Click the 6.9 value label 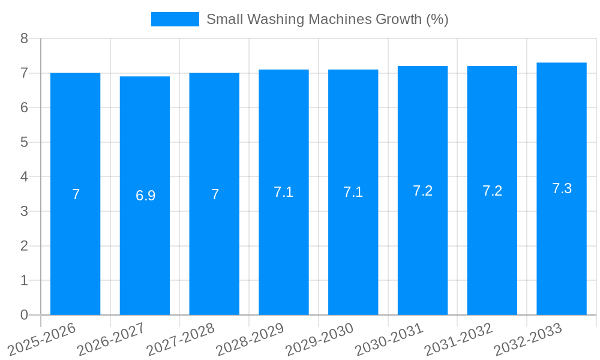coord(145,196)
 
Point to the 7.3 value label coord(562,188)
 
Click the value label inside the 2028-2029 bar coord(283,192)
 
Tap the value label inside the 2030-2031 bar coord(422,191)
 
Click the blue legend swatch coord(175,19)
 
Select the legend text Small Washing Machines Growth coord(327,19)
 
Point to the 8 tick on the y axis coord(24,38)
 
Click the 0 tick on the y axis coord(24,315)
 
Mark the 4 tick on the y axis coord(24,177)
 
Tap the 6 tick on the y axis coord(24,108)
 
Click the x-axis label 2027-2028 coord(180,339)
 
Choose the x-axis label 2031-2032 coord(458,339)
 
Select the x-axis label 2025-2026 coord(41,339)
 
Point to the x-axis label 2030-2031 coord(389,339)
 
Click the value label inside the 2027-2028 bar coord(215,194)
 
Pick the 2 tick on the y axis coord(24,246)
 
